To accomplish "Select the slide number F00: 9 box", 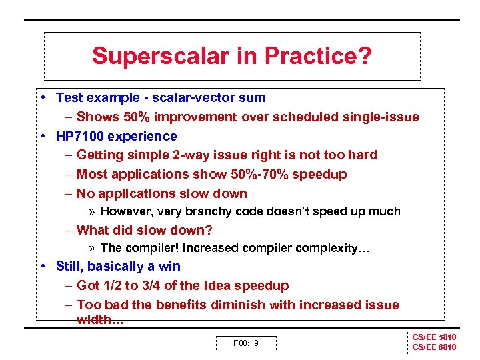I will click(245, 343).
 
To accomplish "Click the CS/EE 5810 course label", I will click(434, 337).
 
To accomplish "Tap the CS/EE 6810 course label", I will click(434, 347).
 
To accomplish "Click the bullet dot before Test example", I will click(42, 97).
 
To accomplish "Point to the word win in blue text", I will click(169, 266).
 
